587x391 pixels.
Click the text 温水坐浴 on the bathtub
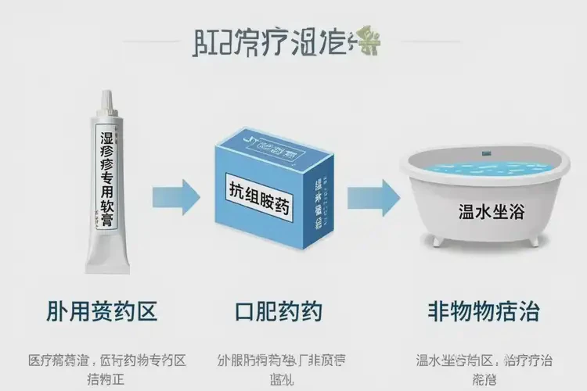[482, 213]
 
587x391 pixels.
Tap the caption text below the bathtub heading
[484, 368]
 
